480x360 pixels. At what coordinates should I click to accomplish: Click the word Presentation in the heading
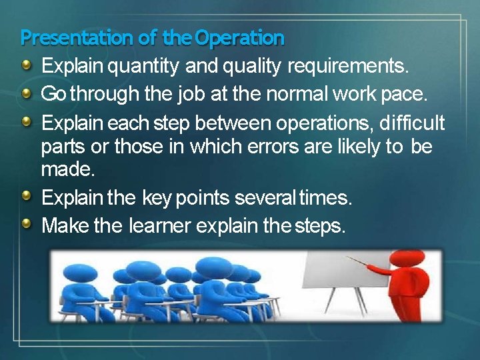click(77, 38)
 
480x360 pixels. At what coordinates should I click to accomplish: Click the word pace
click(403, 94)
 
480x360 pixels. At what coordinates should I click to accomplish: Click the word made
click(68, 169)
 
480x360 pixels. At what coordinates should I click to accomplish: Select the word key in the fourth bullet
click(157, 199)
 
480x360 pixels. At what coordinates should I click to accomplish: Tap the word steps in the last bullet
click(319, 226)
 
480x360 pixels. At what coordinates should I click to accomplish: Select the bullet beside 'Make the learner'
click(27, 224)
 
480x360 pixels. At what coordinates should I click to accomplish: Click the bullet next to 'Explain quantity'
click(27, 65)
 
